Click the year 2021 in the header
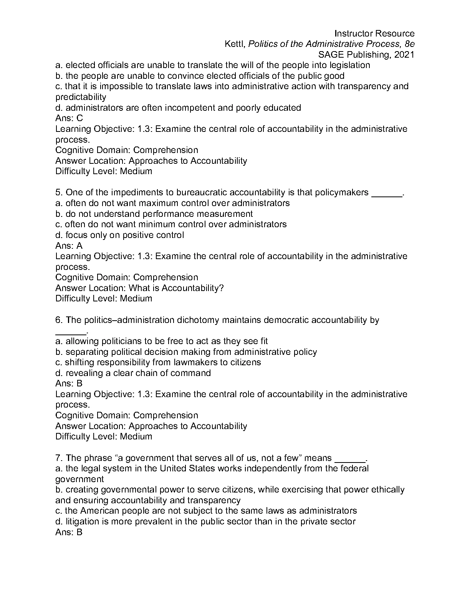pyautogui.click(x=404, y=55)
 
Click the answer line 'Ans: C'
pyautogui.click(x=69, y=118)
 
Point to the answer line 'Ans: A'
pyautogui.click(x=69, y=246)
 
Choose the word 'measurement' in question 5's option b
pyautogui.click(x=230, y=214)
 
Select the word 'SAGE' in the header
pyautogui.click(x=330, y=55)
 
